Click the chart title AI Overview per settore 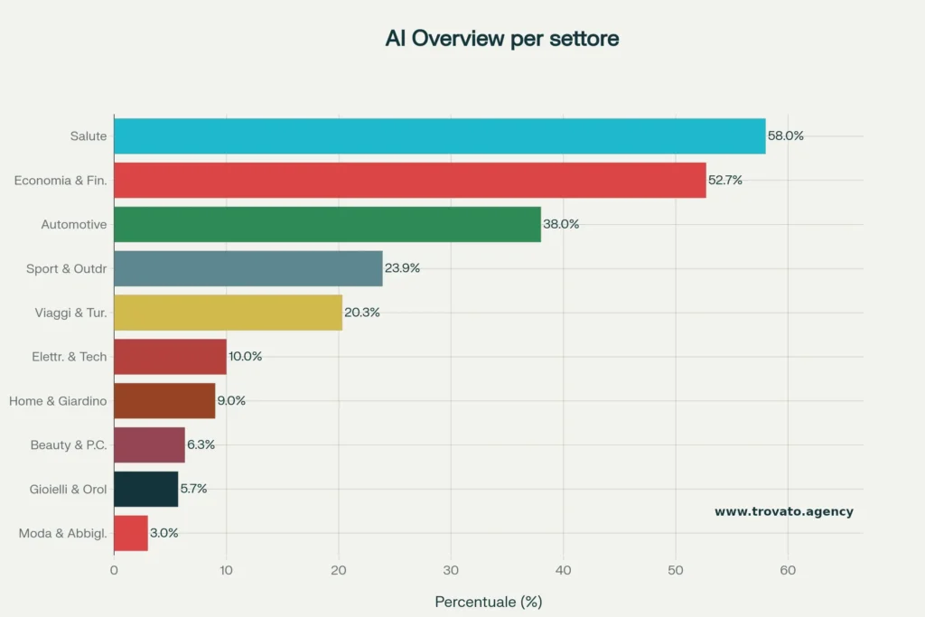pos(501,39)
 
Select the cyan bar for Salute pos(439,136)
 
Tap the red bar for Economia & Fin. pos(409,180)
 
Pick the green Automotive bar pos(327,224)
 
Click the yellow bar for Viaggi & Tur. pos(228,312)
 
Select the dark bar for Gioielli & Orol pos(145,489)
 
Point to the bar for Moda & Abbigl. pos(131,533)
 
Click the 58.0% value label pos(785,136)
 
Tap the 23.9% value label pos(402,268)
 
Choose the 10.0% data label pos(245,356)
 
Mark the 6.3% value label pos(200,444)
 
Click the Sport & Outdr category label pos(67,268)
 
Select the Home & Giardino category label pos(58,400)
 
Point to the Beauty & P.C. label pos(69,444)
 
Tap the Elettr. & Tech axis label pos(69,356)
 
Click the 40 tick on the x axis pos(563,570)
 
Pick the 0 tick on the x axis pos(114,570)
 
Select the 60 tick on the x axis pos(788,570)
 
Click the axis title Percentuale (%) pos(488,601)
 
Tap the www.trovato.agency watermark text pos(783,511)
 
